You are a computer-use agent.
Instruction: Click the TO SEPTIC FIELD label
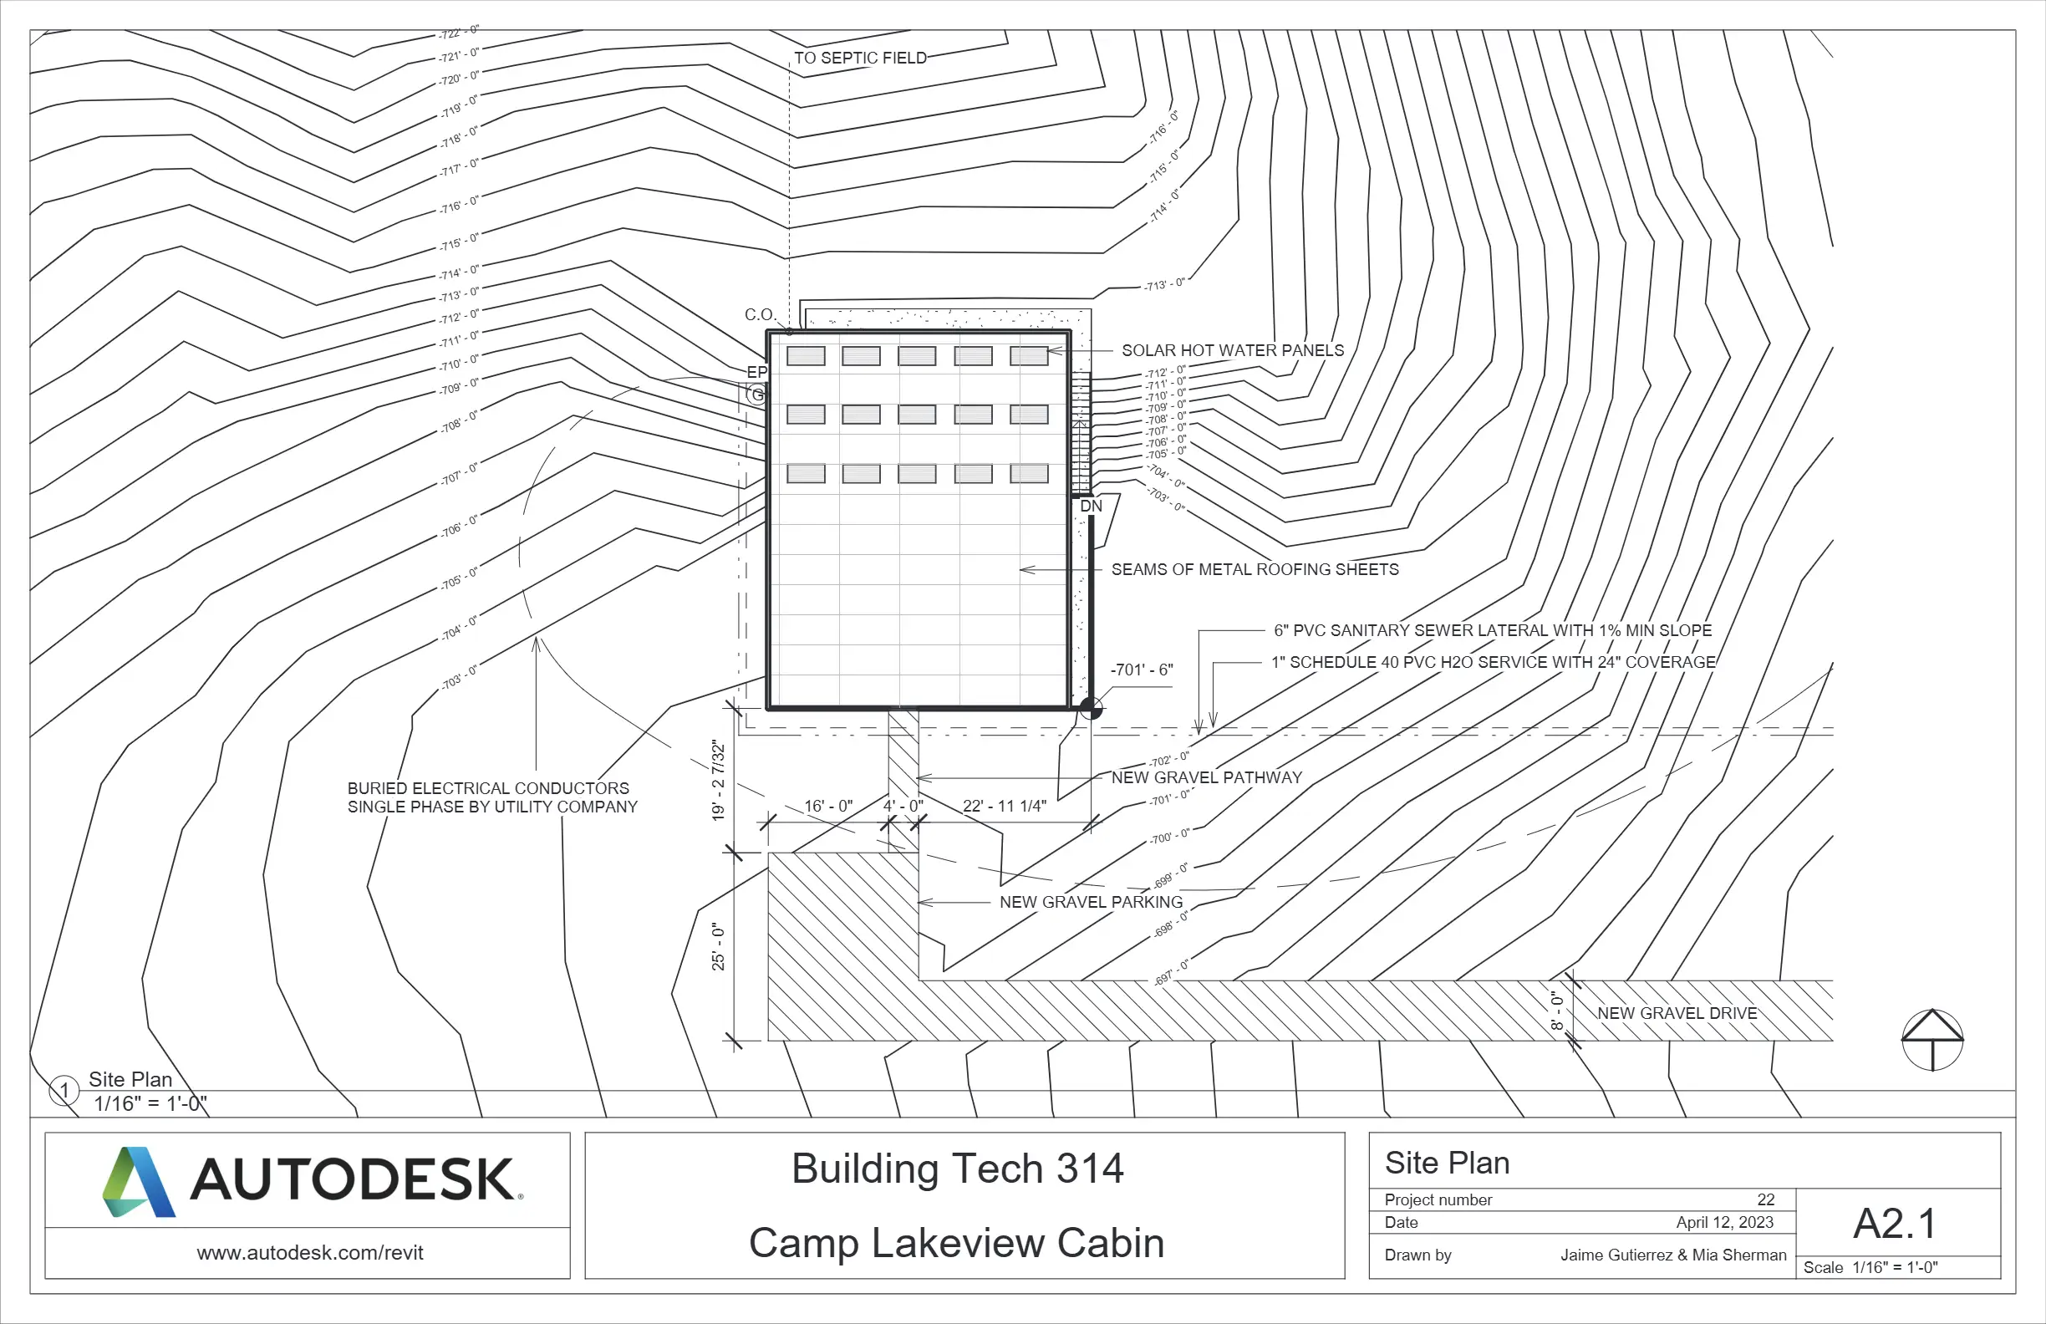pos(860,59)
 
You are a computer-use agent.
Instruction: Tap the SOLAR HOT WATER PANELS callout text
pos(1232,351)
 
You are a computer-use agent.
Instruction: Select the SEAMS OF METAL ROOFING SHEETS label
pos(1255,569)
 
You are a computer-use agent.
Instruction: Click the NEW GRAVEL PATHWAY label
pos(1206,777)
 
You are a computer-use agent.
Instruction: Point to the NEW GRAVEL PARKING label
pos(1090,902)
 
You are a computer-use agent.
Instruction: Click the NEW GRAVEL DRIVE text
pos(1677,1013)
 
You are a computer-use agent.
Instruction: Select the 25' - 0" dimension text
pos(719,947)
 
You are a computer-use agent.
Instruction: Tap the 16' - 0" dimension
pos(828,806)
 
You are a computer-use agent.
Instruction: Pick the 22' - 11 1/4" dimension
pos(1004,806)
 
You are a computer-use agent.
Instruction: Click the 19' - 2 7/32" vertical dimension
pos(719,781)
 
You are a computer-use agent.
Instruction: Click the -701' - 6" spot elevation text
pos(1142,670)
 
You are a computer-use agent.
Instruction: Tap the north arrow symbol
pos(1931,1040)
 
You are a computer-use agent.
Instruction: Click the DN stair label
pos(1091,507)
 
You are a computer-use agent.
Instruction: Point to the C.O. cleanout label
pos(759,314)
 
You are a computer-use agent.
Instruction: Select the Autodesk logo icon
pos(139,1181)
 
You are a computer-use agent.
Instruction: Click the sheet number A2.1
pos(1895,1224)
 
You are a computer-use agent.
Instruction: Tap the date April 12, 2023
pos(1724,1222)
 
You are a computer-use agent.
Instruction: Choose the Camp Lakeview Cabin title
pos(956,1242)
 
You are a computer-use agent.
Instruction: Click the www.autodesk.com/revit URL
pos(309,1253)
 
